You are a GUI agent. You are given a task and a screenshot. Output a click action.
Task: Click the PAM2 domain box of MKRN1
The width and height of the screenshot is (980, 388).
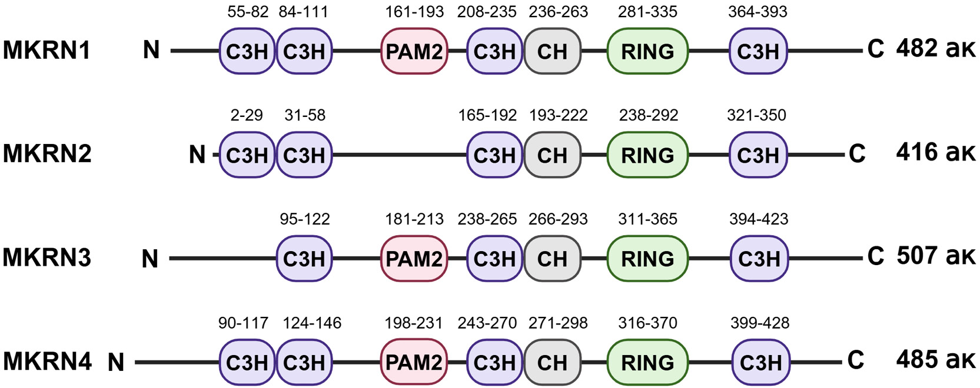414,52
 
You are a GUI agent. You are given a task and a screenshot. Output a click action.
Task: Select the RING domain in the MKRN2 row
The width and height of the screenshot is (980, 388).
647,155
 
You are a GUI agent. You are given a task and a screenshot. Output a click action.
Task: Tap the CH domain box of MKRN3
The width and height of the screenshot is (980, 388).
552,259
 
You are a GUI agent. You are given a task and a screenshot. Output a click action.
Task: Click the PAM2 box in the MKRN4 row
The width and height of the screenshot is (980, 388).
414,362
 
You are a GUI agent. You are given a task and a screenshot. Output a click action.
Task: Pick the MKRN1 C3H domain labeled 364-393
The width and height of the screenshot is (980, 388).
758,52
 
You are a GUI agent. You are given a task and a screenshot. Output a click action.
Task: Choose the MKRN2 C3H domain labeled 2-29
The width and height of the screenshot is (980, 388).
247,155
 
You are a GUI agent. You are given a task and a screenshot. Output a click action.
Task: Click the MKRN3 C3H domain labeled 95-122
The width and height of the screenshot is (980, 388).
304,259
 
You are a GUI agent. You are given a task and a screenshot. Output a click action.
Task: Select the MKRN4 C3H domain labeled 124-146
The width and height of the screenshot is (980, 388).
304,362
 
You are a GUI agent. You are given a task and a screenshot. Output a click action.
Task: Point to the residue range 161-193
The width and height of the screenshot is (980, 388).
414,12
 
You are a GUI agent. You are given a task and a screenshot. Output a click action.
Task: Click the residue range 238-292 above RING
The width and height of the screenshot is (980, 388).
648,115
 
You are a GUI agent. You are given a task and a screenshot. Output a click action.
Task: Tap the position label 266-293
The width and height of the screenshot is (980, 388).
558,219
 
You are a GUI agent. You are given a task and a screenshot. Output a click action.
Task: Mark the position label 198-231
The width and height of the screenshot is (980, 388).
413,323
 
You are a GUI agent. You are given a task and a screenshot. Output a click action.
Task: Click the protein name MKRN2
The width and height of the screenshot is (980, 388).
47,154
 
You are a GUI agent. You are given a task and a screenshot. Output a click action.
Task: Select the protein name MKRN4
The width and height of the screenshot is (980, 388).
47,361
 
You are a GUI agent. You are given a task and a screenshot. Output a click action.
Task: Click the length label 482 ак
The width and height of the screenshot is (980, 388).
936,49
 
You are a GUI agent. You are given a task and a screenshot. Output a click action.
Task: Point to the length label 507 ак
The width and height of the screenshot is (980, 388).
936,256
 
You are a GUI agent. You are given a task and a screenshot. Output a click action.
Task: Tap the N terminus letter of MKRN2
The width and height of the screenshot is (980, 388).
197,155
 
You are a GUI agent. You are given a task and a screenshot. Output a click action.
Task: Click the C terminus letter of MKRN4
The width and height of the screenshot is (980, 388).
856,360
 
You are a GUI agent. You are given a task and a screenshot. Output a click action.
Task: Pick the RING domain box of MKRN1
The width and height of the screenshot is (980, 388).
647,52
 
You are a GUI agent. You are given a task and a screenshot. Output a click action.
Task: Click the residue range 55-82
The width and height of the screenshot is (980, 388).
248,12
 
